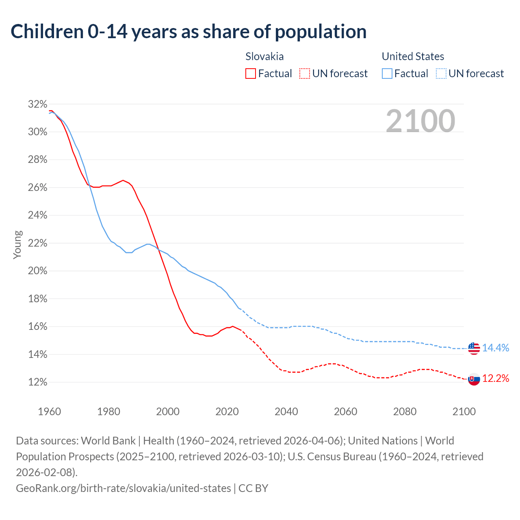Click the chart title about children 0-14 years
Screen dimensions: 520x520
[188, 32]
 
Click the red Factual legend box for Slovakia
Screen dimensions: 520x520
[251, 74]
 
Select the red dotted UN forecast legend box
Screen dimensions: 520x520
[304, 74]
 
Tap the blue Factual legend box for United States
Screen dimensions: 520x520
[387, 74]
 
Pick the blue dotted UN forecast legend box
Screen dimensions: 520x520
[441, 74]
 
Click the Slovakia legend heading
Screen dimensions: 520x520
[264, 56]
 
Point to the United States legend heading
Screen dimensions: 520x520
[413, 56]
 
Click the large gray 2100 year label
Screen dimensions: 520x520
[420, 121]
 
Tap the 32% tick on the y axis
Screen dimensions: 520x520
[37, 104]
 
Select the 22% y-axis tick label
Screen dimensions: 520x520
[37, 243]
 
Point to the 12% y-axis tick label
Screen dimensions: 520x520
[37, 382]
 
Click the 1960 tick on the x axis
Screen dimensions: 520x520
[50, 412]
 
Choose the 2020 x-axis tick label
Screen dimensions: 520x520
[227, 412]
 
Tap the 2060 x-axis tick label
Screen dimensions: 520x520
[345, 412]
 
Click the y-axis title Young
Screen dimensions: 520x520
[17, 245]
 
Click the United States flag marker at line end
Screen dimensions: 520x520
[474, 348]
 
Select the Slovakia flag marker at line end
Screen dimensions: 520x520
[474, 379]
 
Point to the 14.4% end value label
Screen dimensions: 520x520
[496, 348]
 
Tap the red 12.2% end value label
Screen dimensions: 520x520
[496, 379]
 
